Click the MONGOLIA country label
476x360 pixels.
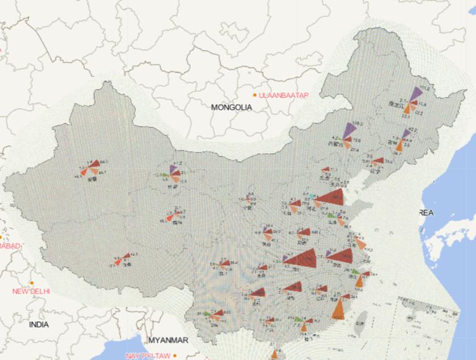[x=232, y=107]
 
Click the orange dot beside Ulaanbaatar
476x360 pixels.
[x=255, y=95]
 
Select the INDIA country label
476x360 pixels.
[x=38, y=324]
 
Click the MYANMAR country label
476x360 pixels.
[x=168, y=340]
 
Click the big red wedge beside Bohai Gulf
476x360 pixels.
[x=332, y=198]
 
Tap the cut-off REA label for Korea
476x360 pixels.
[x=427, y=213]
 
